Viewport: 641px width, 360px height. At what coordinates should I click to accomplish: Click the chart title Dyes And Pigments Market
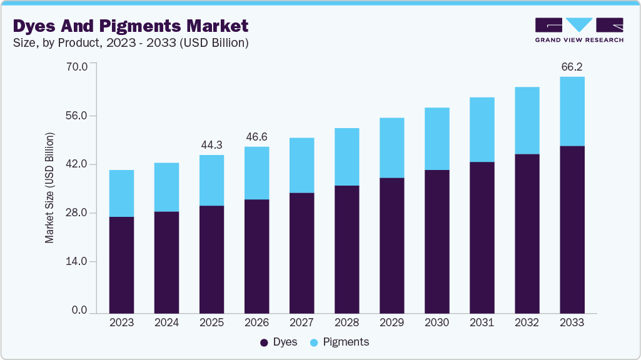[131, 26]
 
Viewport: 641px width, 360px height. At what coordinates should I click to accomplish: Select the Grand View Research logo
[579, 30]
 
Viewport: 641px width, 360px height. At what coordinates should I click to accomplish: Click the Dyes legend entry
[279, 342]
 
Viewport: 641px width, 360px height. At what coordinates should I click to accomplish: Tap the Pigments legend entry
[340, 342]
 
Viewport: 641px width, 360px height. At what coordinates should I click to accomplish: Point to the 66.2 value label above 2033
[572, 66]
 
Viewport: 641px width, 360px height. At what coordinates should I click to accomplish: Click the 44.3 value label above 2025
[211, 145]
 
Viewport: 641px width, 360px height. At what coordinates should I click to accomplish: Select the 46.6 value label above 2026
[256, 137]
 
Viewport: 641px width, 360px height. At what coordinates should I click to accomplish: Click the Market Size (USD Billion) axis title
[49, 188]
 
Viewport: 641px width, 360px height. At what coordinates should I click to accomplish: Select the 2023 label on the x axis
[121, 322]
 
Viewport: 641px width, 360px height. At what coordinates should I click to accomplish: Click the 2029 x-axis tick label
[391, 322]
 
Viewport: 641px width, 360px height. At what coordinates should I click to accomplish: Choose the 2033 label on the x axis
[572, 322]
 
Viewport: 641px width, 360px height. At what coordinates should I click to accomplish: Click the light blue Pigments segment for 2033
[572, 111]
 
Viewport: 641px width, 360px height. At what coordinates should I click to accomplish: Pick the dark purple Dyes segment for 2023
[121, 264]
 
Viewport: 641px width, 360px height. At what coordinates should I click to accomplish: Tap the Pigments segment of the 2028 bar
[346, 157]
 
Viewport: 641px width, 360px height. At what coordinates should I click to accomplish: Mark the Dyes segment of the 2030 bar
[437, 241]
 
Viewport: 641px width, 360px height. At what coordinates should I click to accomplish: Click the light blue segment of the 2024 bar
[166, 187]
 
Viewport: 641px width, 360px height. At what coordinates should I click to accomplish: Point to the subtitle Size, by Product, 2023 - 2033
[131, 43]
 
